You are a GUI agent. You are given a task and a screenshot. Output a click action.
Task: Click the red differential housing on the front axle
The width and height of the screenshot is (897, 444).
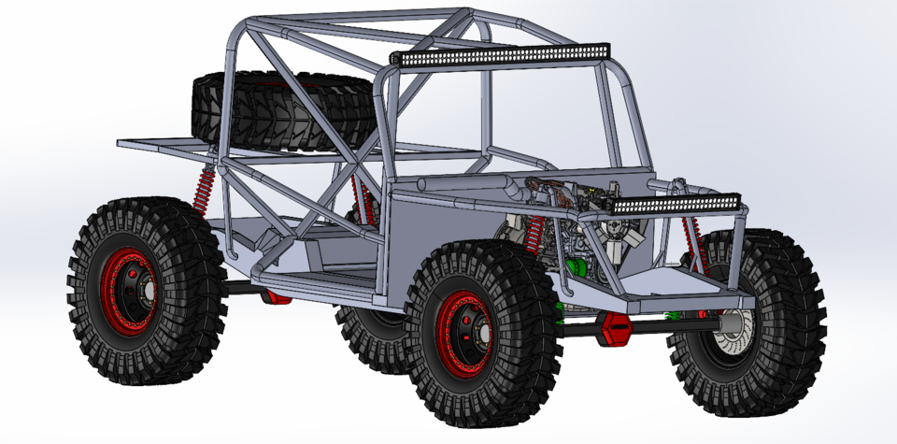(619, 329)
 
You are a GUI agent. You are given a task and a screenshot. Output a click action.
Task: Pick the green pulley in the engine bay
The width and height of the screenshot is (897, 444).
(577, 268)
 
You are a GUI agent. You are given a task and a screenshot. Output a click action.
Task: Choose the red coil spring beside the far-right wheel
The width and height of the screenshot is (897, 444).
(692, 242)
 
